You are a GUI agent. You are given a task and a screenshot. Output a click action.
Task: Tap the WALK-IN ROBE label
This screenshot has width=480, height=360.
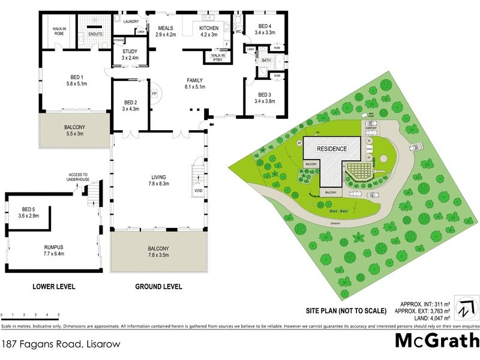tap(59, 31)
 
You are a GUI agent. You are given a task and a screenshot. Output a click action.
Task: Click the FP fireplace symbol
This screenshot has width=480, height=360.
tap(154, 94)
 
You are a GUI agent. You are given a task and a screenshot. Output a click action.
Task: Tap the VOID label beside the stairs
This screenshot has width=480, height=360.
tap(198, 191)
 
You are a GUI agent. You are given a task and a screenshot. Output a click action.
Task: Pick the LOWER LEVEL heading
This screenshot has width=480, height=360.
tap(53, 287)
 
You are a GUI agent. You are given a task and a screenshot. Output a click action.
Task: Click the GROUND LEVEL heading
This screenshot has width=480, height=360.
tap(158, 287)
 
